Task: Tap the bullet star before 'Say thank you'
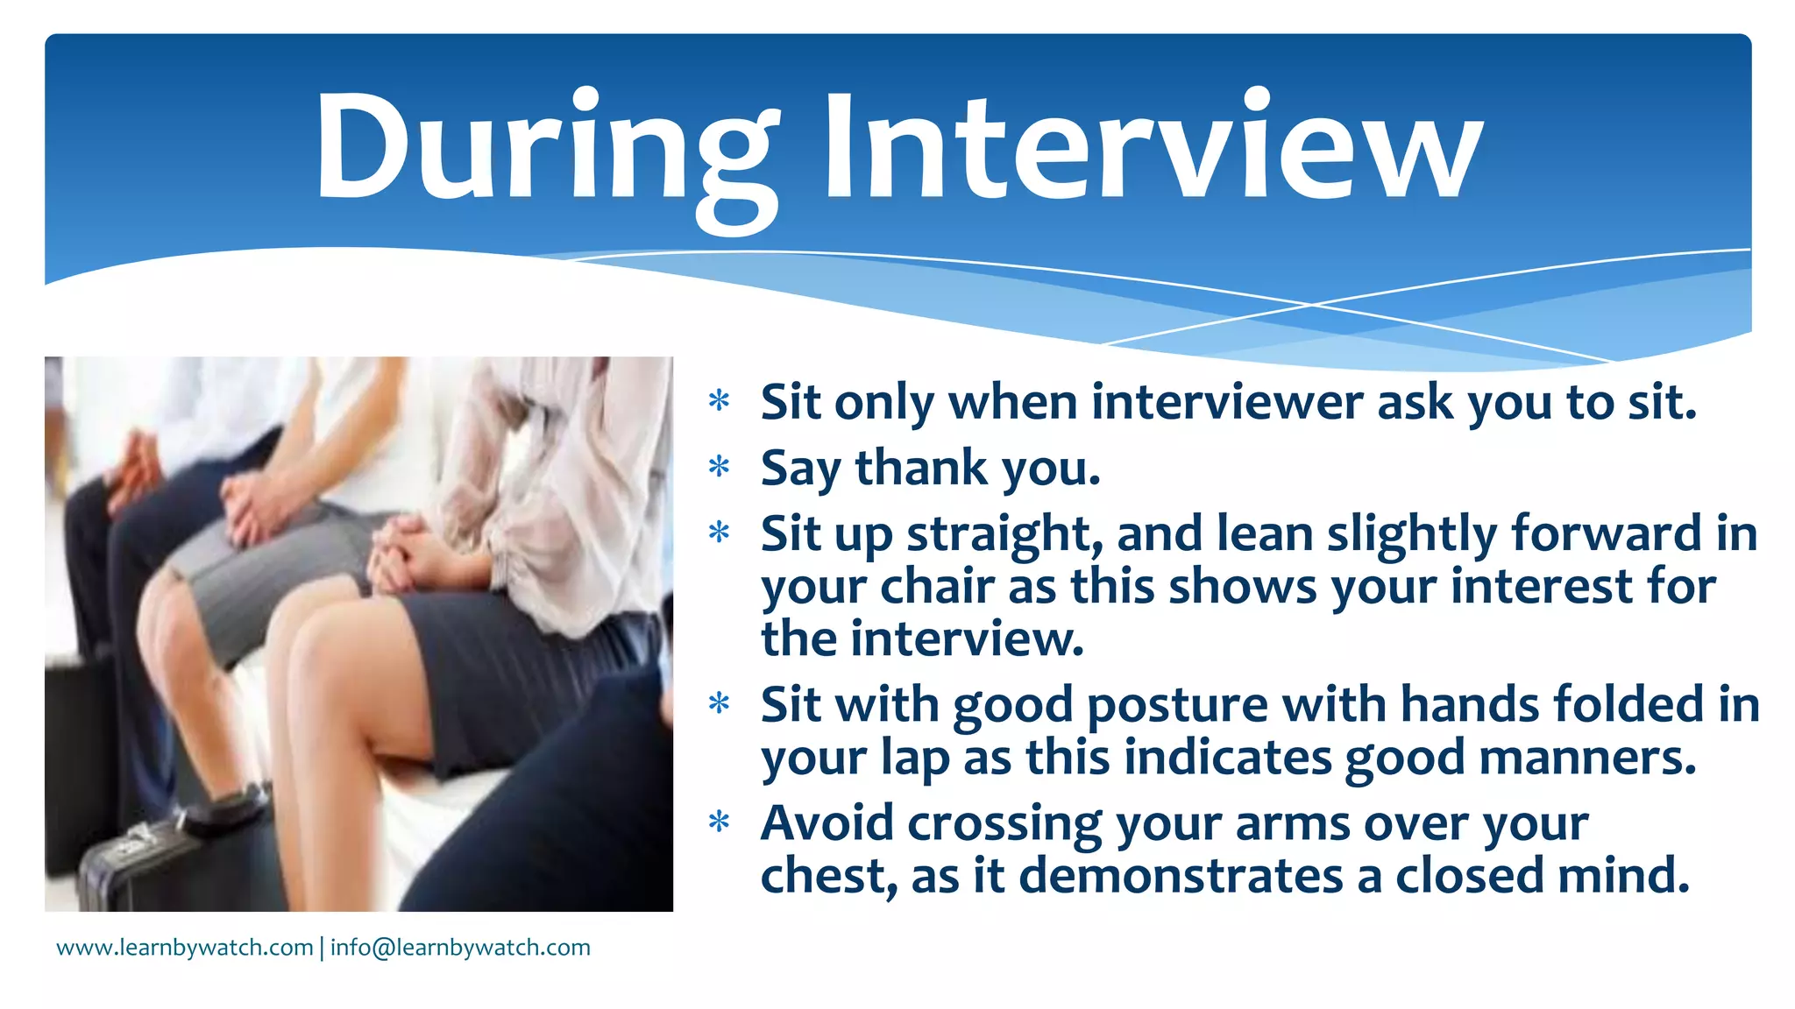(x=720, y=467)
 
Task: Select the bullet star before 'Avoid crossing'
(x=720, y=822)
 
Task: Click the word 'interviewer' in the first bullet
(x=1227, y=403)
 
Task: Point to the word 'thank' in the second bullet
(x=921, y=468)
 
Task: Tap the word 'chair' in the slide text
(x=937, y=586)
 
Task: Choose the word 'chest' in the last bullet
(x=828, y=876)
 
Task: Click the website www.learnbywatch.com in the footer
(x=185, y=948)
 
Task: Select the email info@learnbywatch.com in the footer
(x=460, y=948)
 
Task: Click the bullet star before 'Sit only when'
(x=720, y=401)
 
